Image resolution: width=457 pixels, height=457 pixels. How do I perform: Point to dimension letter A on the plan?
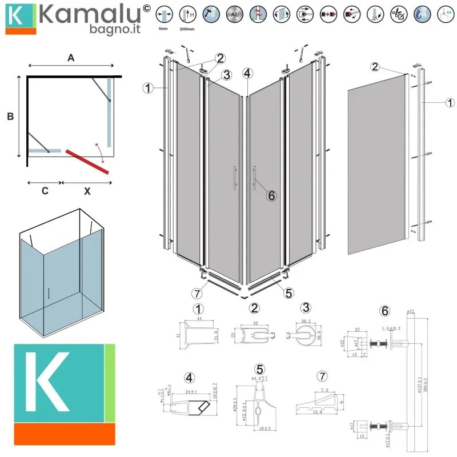(x=71, y=57)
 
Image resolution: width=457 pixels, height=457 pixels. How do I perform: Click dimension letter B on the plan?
(x=10, y=117)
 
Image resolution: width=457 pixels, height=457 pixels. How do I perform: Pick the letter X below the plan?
(x=87, y=192)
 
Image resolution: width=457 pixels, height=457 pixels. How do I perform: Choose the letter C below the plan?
(x=45, y=192)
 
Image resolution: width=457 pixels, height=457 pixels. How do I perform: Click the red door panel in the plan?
(x=87, y=161)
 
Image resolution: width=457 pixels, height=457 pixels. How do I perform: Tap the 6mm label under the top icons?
(x=163, y=27)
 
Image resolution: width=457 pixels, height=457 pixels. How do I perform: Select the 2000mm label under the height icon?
(x=186, y=27)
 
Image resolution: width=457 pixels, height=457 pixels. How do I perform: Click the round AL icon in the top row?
(x=234, y=13)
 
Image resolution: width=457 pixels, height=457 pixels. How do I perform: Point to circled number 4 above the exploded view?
(x=247, y=73)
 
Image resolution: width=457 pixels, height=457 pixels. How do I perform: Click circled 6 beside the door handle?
(x=271, y=195)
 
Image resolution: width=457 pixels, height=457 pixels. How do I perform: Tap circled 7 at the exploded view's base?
(x=197, y=294)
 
